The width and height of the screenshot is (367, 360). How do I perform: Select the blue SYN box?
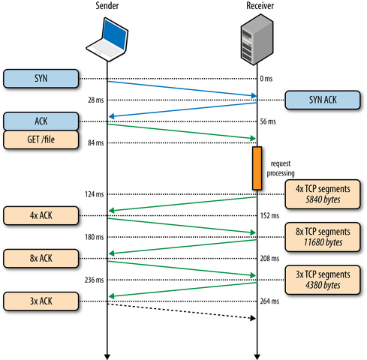click(41, 78)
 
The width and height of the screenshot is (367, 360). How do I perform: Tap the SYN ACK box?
click(322, 99)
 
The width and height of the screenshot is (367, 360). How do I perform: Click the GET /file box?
click(41, 139)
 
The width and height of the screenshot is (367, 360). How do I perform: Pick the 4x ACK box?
click(41, 216)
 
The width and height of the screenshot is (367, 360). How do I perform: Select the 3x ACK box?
click(41, 301)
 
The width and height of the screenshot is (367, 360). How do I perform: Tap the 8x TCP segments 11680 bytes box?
click(322, 237)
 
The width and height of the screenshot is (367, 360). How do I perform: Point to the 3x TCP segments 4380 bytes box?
click(322, 280)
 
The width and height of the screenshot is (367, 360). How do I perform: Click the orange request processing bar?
click(257, 168)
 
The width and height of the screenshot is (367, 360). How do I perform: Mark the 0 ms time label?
click(267, 79)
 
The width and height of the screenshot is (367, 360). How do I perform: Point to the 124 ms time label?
click(95, 195)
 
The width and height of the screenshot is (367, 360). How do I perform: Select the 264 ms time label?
click(270, 301)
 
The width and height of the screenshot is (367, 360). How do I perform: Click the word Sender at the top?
click(107, 6)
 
